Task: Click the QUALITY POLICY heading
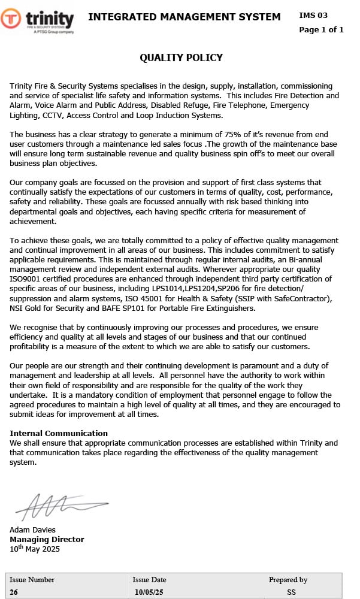click(x=181, y=58)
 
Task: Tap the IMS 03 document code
click(x=313, y=15)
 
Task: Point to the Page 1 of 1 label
click(x=321, y=29)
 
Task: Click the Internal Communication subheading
click(x=59, y=433)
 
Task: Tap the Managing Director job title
click(x=47, y=539)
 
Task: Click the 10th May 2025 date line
click(x=35, y=549)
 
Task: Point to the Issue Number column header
click(x=32, y=580)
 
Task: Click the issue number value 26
click(x=14, y=592)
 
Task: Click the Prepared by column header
click(x=288, y=580)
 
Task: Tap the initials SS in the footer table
click(x=291, y=592)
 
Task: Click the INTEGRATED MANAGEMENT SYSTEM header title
click(x=184, y=17)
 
